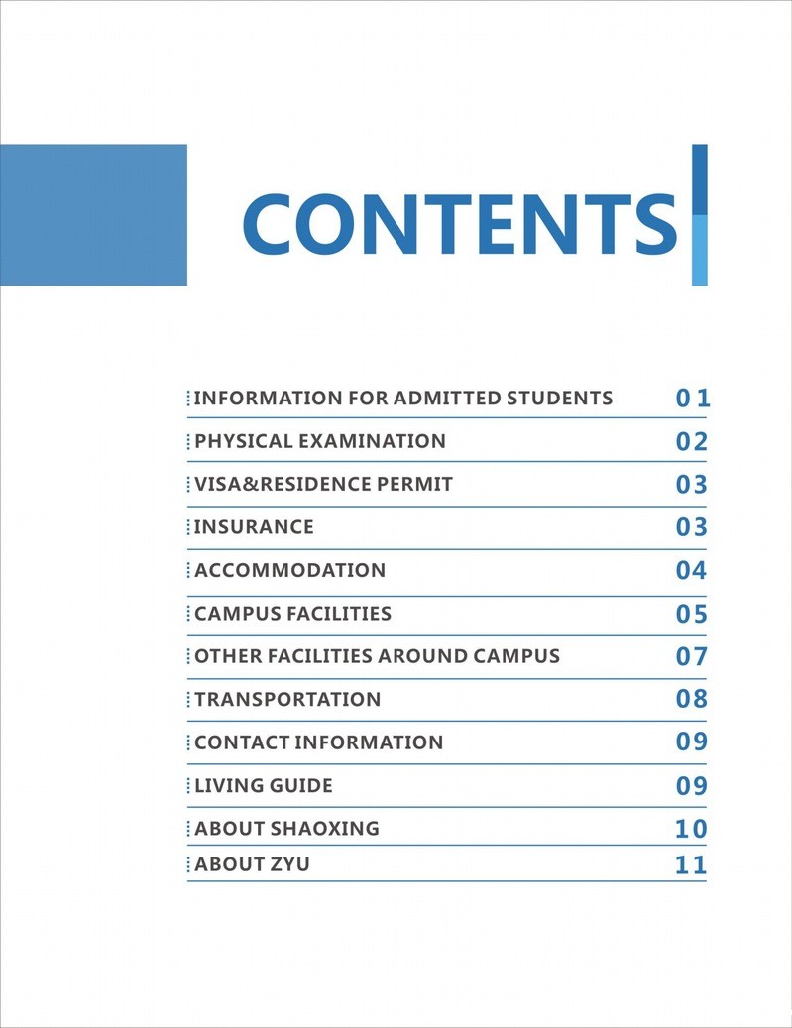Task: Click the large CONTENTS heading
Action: pos(459,222)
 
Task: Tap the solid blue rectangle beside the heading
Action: pos(93,214)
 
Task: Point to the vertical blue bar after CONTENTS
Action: pos(699,214)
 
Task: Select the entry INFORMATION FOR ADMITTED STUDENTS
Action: pos(402,399)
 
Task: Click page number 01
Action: pos(693,399)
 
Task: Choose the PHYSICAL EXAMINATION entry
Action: pos(319,441)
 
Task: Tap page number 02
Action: pos(692,442)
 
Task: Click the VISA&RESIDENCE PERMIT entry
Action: pos(323,484)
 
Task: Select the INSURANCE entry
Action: pos(254,527)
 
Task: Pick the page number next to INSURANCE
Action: pos(692,527)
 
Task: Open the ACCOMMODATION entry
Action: pos(289,570)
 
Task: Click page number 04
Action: pos(692,571)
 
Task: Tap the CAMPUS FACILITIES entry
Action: pos(292,614)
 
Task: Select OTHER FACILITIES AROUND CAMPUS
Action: pos(377,656)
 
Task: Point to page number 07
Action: pos(692,656)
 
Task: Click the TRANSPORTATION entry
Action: pos(287,699)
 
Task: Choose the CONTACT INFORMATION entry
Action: pos(318,742)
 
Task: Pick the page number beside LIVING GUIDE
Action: pos(692,786)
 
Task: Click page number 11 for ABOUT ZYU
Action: pos(692,864)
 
